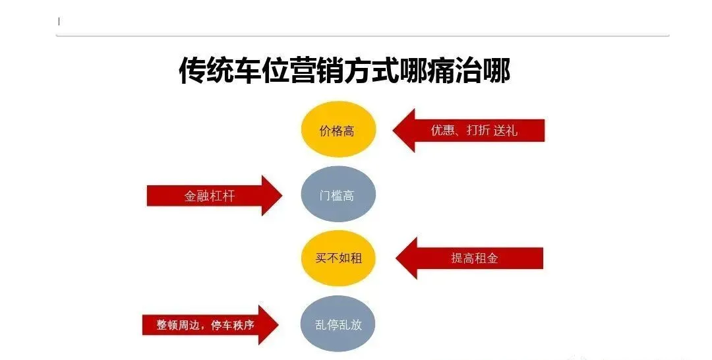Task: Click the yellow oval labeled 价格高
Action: pyautogui.click(x=338, y=130)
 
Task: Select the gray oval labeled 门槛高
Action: pyautogui.click(x=338, y=195)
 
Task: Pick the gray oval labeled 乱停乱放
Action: pyautogui.click(x=338, y=324)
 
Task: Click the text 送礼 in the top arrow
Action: pyautogui.click(x=505, y=131)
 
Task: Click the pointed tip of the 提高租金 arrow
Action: pyautogui.click(x=397, y=258)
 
